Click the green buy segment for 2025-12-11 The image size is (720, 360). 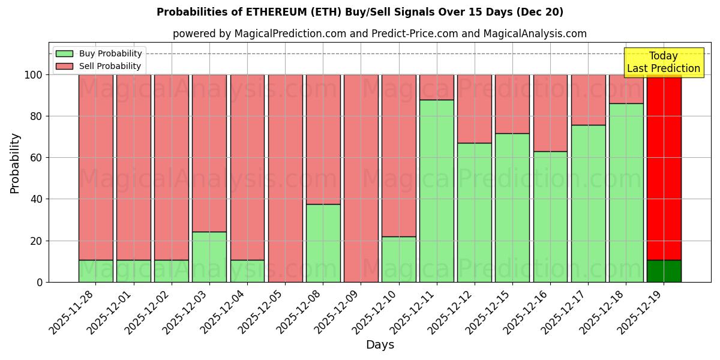(437, 191)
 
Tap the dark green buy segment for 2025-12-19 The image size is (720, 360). (664, 271)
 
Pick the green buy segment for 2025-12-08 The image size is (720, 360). (323, 243)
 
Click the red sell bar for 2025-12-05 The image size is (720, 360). (285, 178)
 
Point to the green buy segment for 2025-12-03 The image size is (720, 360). (209, 257)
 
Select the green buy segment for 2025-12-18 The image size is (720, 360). (626, 193)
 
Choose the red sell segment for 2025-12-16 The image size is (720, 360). (550, 113)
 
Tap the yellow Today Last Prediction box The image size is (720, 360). (663, 62)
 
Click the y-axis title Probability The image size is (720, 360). (15, 163)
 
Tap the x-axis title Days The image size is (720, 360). (380, 345)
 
